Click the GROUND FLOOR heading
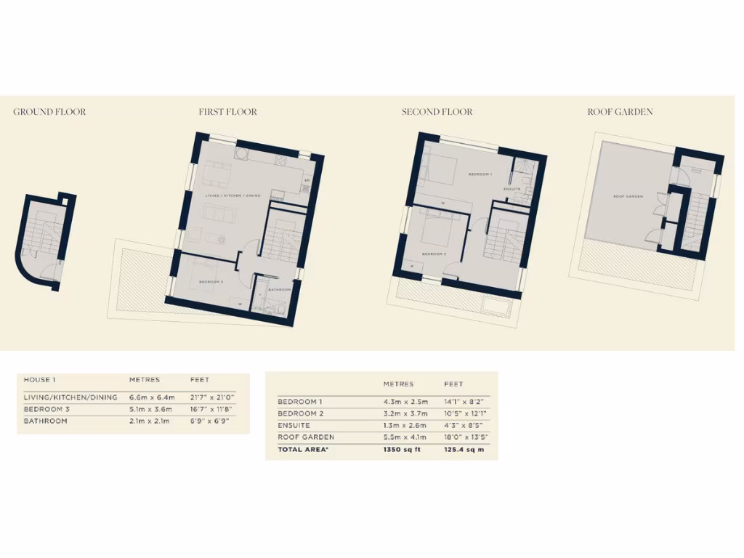pos(49,112)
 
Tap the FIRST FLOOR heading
pos(227,112)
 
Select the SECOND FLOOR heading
pos(437,112)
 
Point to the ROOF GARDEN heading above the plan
pos(620,112)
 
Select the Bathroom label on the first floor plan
pos(280,290)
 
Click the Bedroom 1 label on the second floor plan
pos(480,174)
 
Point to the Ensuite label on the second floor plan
pos(512,190)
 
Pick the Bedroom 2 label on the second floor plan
pos(434,254)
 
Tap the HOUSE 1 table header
pos(39,380)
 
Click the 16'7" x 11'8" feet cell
pos(211,409)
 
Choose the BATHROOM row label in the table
pos(45,421)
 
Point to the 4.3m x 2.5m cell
pos(405,402)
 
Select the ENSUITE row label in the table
pos(294,425)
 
